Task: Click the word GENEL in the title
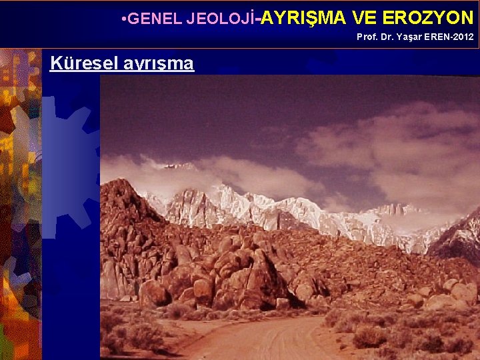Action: tap(147, 19)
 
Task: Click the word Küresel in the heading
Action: tap(79, 63)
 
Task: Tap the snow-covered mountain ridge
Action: tap(280, 207)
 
